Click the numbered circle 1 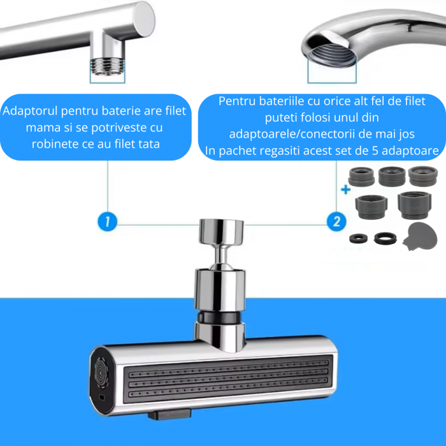(108, 222)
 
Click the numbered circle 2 (336, 222)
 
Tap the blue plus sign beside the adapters (346, 189)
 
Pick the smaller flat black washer (358, 238)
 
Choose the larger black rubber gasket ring (384, 238)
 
